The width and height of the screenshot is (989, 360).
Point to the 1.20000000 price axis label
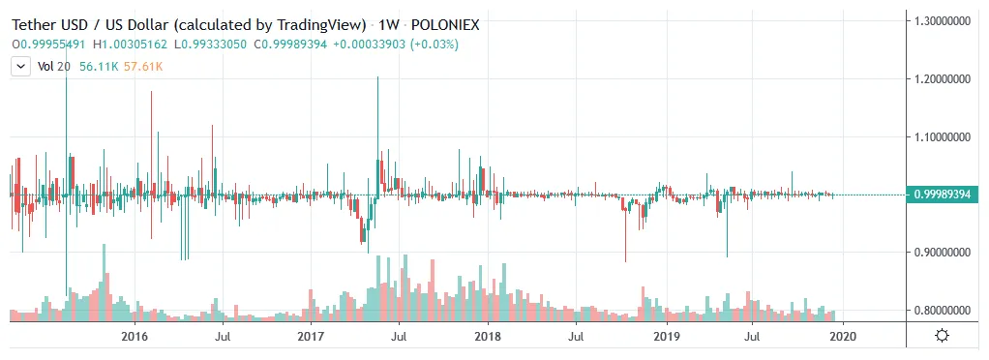click(x=944, y=78)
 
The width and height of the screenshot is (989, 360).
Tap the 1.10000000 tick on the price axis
click(x=944, y=137)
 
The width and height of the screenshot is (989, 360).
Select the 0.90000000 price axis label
click(x=944, y=253)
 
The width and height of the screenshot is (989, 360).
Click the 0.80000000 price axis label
click(x=944, y=311)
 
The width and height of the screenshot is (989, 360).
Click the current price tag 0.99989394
click(x=944, y=195)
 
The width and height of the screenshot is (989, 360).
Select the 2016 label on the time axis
click(x=135, y=337)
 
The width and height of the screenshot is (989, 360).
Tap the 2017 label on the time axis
click(x=311, y=337)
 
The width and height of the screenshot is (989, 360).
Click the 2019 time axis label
click(x=666, y=337)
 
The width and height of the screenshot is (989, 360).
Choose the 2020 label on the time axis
click(x=842, y=337)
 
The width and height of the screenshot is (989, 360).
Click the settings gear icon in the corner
click(x=943, y=336)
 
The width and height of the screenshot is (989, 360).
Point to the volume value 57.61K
click(x=143, y=67)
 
